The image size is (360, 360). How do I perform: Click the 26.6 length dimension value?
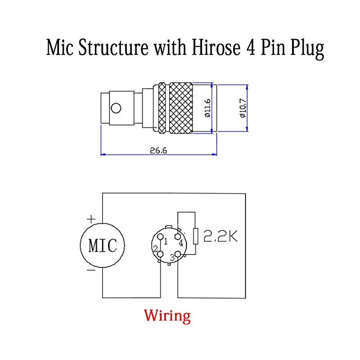[x=158, y=151]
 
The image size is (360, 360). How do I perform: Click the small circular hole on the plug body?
[x=116, y=108]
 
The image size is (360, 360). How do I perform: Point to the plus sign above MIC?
[x=91, y=219]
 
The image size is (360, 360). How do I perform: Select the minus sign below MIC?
[x=91, y=271]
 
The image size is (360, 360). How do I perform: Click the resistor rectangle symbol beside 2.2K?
[x=195, y=236]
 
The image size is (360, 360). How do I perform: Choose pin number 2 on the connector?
[x=156, y=249]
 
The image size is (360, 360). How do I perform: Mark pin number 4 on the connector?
[x=180, y=243]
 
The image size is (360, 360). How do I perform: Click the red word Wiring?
[x=167, y=315]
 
